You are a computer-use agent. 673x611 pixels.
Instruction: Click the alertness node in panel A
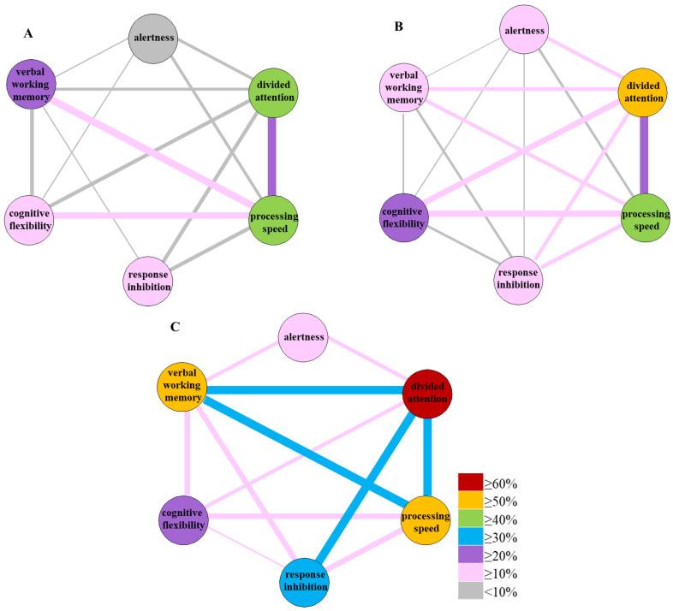(x=153, y=39)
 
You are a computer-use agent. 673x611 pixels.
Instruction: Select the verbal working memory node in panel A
(x=31, y=84)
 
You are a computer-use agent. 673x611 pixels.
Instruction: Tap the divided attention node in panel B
(x=642, y=92)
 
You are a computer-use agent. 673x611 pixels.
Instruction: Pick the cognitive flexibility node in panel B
(x=404, y=217)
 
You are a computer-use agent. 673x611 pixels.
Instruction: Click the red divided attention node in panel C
(x=427, y=394)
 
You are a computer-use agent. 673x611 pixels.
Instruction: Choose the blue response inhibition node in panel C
(x=305, y=582)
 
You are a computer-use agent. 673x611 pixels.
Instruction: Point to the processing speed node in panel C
(x=426, y=521)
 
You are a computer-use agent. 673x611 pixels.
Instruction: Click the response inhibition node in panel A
(x=148, y=281)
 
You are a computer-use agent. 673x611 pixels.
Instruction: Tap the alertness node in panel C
(x=303, y=338)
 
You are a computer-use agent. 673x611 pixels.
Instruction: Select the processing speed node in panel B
(x=646, y=217)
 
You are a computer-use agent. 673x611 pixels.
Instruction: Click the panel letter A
(x=28, y=33)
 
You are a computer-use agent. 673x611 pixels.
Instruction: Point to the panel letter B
(x=399, y=27)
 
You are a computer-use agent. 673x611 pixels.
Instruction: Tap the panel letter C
(x=175, y=327)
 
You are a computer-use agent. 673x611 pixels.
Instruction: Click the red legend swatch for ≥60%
(x=470, y=483)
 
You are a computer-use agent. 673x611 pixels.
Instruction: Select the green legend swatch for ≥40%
(x=470, y=519)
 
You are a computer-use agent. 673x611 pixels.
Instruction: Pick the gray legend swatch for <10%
(x=470, y=590)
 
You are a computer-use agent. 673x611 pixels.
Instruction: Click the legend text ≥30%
(x=501, y=537)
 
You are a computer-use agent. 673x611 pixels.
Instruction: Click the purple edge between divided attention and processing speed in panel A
(x=271, y=157)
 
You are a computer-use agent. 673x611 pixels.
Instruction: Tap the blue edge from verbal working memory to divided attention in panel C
(x=305, y=390)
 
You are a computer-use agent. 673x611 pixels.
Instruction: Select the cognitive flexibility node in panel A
(x=29, y=220)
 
